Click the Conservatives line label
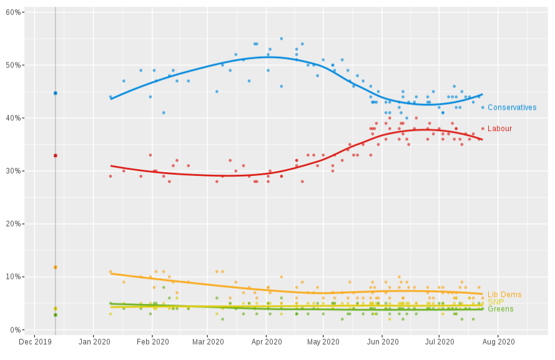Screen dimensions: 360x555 tap(511, 107)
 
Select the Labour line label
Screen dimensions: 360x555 tap(499, 129)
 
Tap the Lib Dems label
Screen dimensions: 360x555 tap(504, 294)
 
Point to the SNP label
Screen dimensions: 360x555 tap(496, 302)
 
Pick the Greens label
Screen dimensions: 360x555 tap(500, 309)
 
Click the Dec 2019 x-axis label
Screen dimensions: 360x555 tap(36, 341)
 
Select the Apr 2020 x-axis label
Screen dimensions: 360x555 tap(266, 341)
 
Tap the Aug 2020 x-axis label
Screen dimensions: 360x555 tap(498, 341)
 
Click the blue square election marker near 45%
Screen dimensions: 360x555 tap(55, 93)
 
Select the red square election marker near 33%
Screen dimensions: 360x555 tap(55, 155)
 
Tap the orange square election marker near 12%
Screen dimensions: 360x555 tap(55, 267)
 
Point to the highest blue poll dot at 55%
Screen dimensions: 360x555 tap(281, 39)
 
